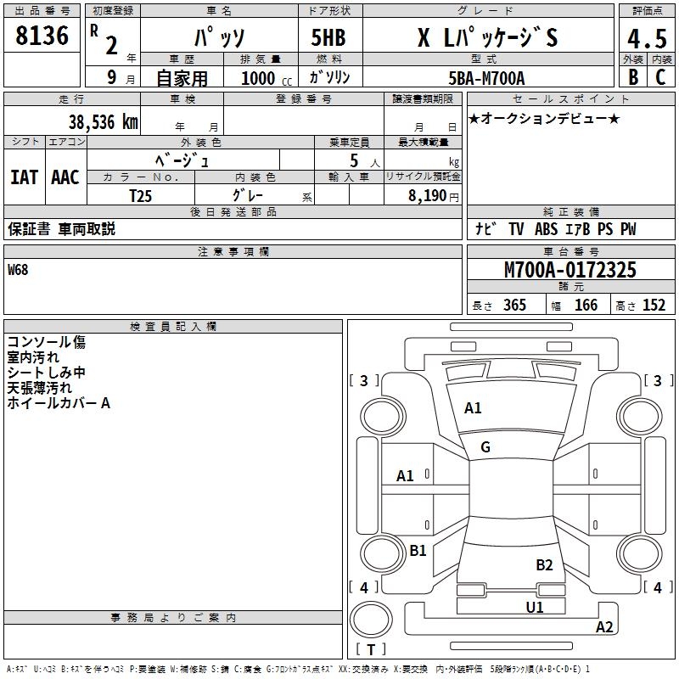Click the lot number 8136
pyautogui.click(x=42, y=36)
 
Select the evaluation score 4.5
pyautogui.click(x=645, y=38)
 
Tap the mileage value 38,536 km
pyautogui.click(x=104, y=121)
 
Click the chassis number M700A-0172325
pyautogui.click(x=570, y=271)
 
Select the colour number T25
pyautogui.click(x=141, y=196)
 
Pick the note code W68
pyautogui.click(x=18, y=271)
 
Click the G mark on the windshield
pyautogui.click(x=485, y=447)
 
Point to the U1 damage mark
pyautogui.click(x=534, y=607)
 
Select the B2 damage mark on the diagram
pyautogui.click(x=544, y=565)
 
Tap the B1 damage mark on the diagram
pyautogui.click(x=418, y=551)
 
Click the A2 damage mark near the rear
pyautogui.click(x=604, y=627)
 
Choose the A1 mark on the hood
pyautogui.click(x=473, y=408)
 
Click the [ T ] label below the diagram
pyautogui.click(x=370, y=650)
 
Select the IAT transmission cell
pyautogui.click(x=24, y=177)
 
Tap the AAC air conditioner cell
pyautogui.click(x=65, y=177)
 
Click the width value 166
pyautogui.click(x=586, y=306)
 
